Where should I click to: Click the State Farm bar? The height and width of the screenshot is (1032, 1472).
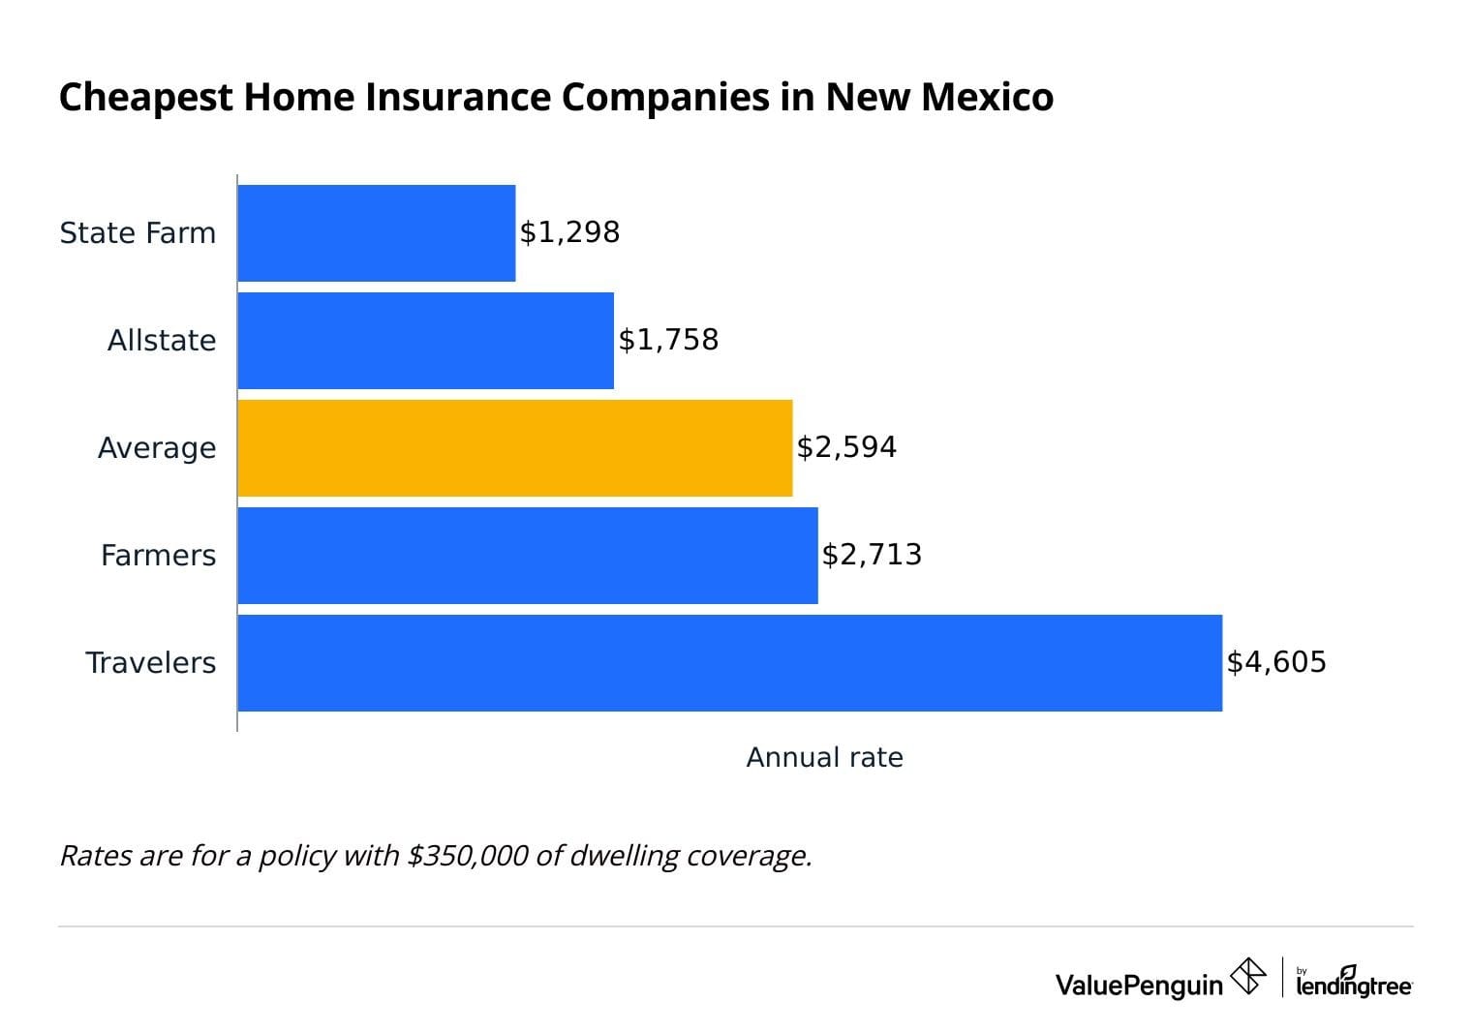[x=376, y=233]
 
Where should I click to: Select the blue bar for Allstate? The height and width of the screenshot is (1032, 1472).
[x=425, y=341]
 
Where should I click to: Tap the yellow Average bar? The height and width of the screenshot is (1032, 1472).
[x=514, y=448]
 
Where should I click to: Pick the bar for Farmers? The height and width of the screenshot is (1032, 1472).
[x=527, y=556]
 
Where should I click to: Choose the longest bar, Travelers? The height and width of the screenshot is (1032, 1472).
[x=729, y=663]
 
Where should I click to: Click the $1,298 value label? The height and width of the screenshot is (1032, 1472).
[x=569, y=232]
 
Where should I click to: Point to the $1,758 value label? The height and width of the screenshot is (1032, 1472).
[x=668, y=340]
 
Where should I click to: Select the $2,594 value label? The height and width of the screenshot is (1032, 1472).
[x=846, y=447]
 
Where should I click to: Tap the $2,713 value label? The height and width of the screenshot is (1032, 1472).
[x=872, y=555]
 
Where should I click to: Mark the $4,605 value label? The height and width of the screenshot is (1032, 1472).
[x=1276, y=662]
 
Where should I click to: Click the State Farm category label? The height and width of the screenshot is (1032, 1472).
[x=138, y=233]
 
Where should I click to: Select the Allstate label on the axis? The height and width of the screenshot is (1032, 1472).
[x=162, y=341]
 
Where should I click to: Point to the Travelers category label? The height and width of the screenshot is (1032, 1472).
[x=151, y=663]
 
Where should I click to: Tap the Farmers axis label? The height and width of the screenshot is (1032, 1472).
[x=159, y=556]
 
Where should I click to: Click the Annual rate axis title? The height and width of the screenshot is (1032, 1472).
[x=824, y=758]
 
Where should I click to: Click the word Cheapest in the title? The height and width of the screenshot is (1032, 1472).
[x=145, y=98]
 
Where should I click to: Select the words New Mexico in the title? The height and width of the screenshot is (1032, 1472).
[x=939, y=98]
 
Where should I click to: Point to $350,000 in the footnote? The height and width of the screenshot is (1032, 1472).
[x=468, y=856]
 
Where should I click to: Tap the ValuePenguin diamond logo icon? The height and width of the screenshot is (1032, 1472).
[x=1247, y=976]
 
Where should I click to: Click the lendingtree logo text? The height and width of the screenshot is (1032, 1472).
[x=1354, y=984]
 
